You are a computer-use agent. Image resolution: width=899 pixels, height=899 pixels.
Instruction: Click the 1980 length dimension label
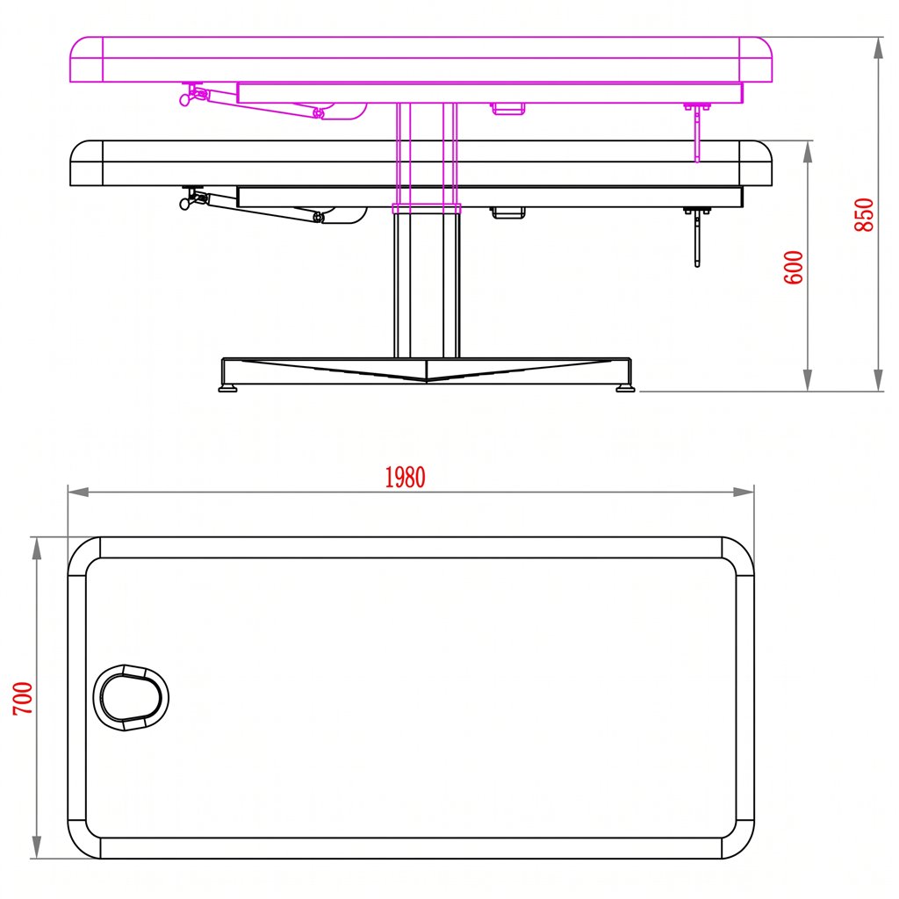[x=405, y=478]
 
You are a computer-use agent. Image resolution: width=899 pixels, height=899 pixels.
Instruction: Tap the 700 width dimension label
[x=23, y=698]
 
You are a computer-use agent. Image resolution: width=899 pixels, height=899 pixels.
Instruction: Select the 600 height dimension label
[x=794, y=267]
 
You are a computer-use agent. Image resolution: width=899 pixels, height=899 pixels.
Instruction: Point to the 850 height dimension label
[x=864, y=214]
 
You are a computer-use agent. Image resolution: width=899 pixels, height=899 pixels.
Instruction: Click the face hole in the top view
[x=132, y=698]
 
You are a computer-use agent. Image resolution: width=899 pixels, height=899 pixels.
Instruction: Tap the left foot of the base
[x=227, y=389]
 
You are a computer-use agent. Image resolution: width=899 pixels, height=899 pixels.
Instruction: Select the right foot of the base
[x=625, y=389]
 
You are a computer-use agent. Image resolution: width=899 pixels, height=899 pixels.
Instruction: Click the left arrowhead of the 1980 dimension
[x=78, y=492]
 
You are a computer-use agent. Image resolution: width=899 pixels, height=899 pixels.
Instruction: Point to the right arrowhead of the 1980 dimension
[x=744, y=492]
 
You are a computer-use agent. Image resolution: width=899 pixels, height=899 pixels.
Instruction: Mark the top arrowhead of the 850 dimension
[x=878, y=48]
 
